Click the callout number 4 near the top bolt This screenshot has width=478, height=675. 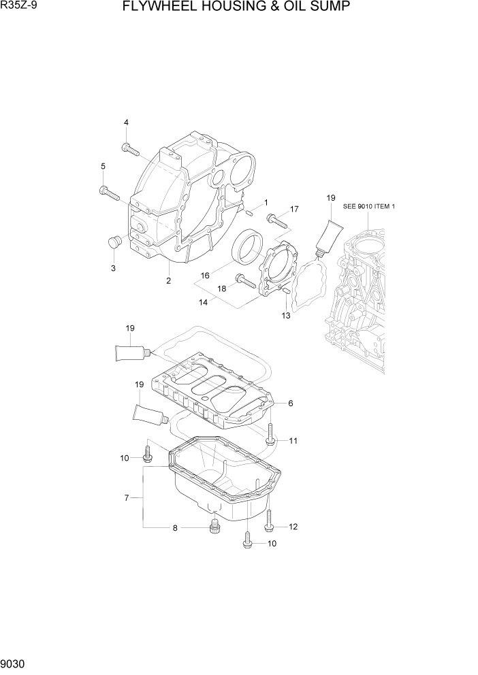[126, 122]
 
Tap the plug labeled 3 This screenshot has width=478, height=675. [114, 242]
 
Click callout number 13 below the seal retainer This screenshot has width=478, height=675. [285, 315]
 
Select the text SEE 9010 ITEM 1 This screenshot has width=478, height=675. [369, 206]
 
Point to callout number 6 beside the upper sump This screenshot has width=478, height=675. [290, 404]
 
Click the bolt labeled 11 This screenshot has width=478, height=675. [271, 435]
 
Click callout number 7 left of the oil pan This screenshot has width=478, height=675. [127, 499]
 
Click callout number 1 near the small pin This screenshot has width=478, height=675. [266, 202]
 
